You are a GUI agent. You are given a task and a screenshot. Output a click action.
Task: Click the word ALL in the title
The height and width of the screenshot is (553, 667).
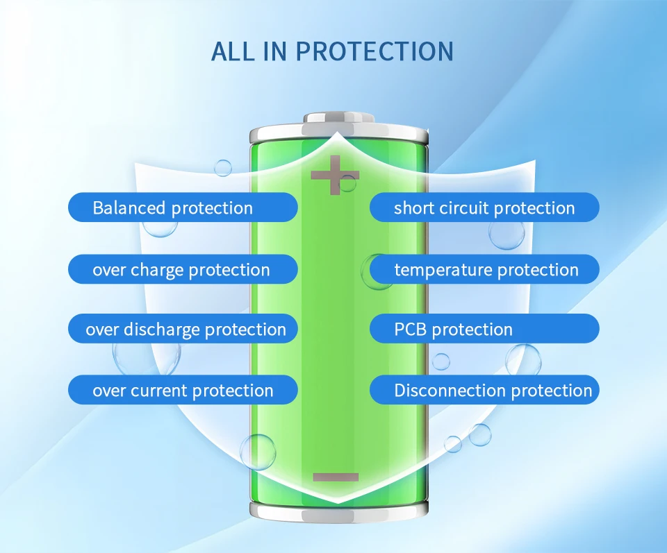click(x=233, y=51)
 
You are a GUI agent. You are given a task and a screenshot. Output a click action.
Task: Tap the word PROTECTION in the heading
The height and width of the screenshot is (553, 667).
click(x=374, y=51)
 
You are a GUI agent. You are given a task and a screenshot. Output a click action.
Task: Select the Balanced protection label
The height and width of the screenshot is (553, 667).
click(x=183, y=207)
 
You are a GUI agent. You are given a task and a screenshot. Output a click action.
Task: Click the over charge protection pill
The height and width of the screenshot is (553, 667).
click(x=183, y=269)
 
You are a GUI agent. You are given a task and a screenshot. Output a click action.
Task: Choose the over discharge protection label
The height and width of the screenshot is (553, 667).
click(x=183, y=328)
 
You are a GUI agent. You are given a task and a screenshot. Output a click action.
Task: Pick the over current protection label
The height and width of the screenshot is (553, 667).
click(x=183, y=389)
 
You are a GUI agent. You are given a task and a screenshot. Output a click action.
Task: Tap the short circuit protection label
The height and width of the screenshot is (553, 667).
click(x=484, y=207)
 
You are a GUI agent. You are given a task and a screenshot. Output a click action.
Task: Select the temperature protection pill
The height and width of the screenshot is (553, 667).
click(x=484, y=269)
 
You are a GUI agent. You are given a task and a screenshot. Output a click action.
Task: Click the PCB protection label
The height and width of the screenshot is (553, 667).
click(x=484, y=328)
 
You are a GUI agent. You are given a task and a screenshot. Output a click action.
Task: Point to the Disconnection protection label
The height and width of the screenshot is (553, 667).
click(x=484, y=389)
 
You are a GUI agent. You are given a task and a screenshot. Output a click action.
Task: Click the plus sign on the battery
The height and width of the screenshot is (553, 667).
click(x=335, y=175)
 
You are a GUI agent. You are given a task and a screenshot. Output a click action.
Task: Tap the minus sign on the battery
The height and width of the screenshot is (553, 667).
click(x=336, y=477)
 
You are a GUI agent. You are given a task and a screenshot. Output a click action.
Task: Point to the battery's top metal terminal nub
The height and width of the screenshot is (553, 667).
click(x=339, y=118)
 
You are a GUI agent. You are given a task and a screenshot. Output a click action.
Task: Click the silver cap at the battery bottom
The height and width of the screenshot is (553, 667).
click(x=338, y=512)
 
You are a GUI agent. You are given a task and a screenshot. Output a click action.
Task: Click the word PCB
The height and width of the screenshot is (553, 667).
click(x=410, y=330)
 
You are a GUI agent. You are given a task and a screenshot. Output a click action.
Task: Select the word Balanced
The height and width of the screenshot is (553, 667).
click(x=129, y=208)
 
